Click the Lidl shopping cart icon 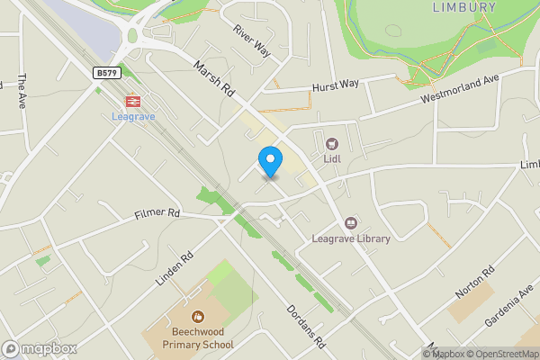pyautogui.click(x=332, y=142)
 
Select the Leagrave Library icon pyautogui.click(x=350, y=222)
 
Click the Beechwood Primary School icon pyautogui.click(x=198, y=317)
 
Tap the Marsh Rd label pyautogui.click(x=214, y=78)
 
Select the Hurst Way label pyautogui.click(x=335, y=85)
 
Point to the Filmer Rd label pyautogui.click(x=157, y=214)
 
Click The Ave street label pyautogui.click(x=22, y=91)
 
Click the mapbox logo pyautogui.click(x=40, y=348)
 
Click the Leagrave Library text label pyautogui.click(x=350, y=238)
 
